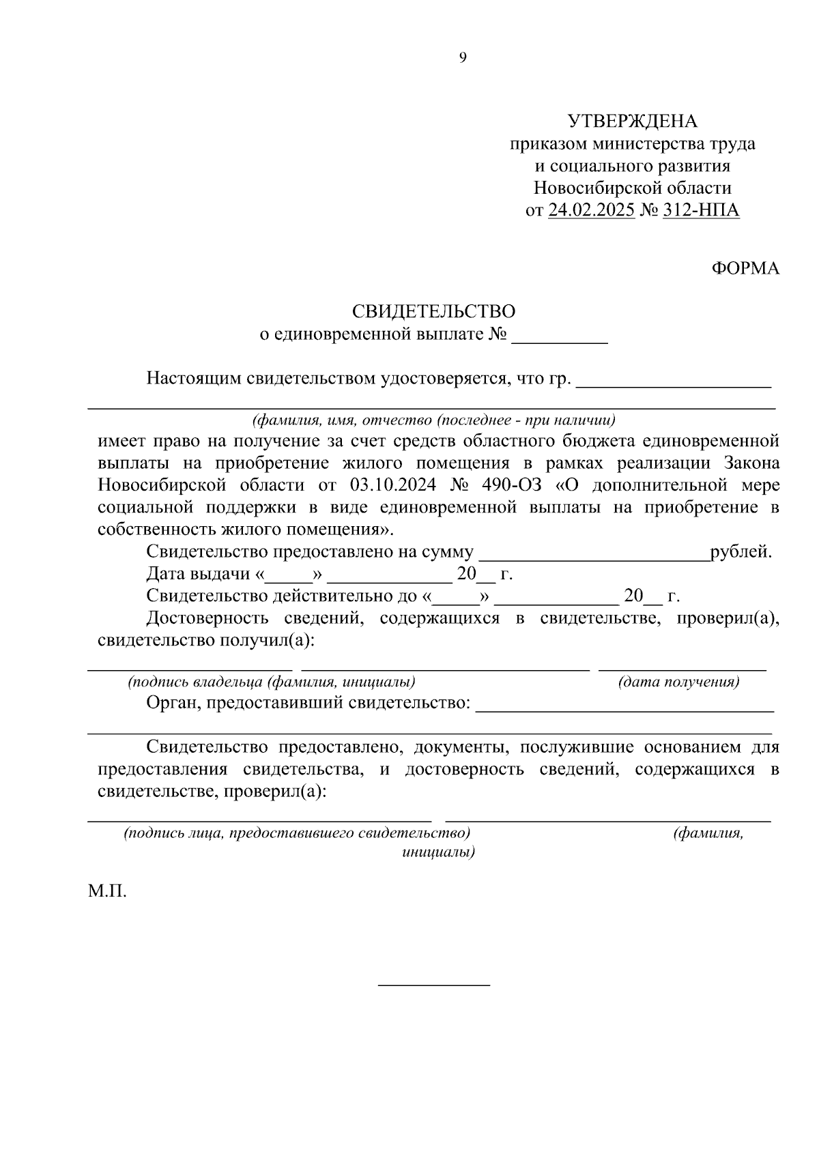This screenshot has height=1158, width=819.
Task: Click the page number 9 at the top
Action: pos(463,58)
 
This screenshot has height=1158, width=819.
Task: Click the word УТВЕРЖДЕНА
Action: pos(633,121)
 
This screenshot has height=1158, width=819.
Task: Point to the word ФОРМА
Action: pos(745,268)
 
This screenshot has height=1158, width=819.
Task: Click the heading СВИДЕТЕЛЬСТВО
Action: pos(433,311)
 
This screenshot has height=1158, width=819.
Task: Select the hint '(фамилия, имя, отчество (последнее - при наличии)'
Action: pos(433,420)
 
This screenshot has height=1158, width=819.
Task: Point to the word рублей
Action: pos(741,552)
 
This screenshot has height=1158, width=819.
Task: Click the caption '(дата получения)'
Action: pos(678,682)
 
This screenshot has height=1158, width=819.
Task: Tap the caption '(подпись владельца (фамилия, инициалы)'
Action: pos(272,682)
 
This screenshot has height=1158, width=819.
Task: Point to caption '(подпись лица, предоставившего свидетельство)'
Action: pos(297,833)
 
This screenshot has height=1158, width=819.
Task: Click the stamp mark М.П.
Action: pos(107,891)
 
